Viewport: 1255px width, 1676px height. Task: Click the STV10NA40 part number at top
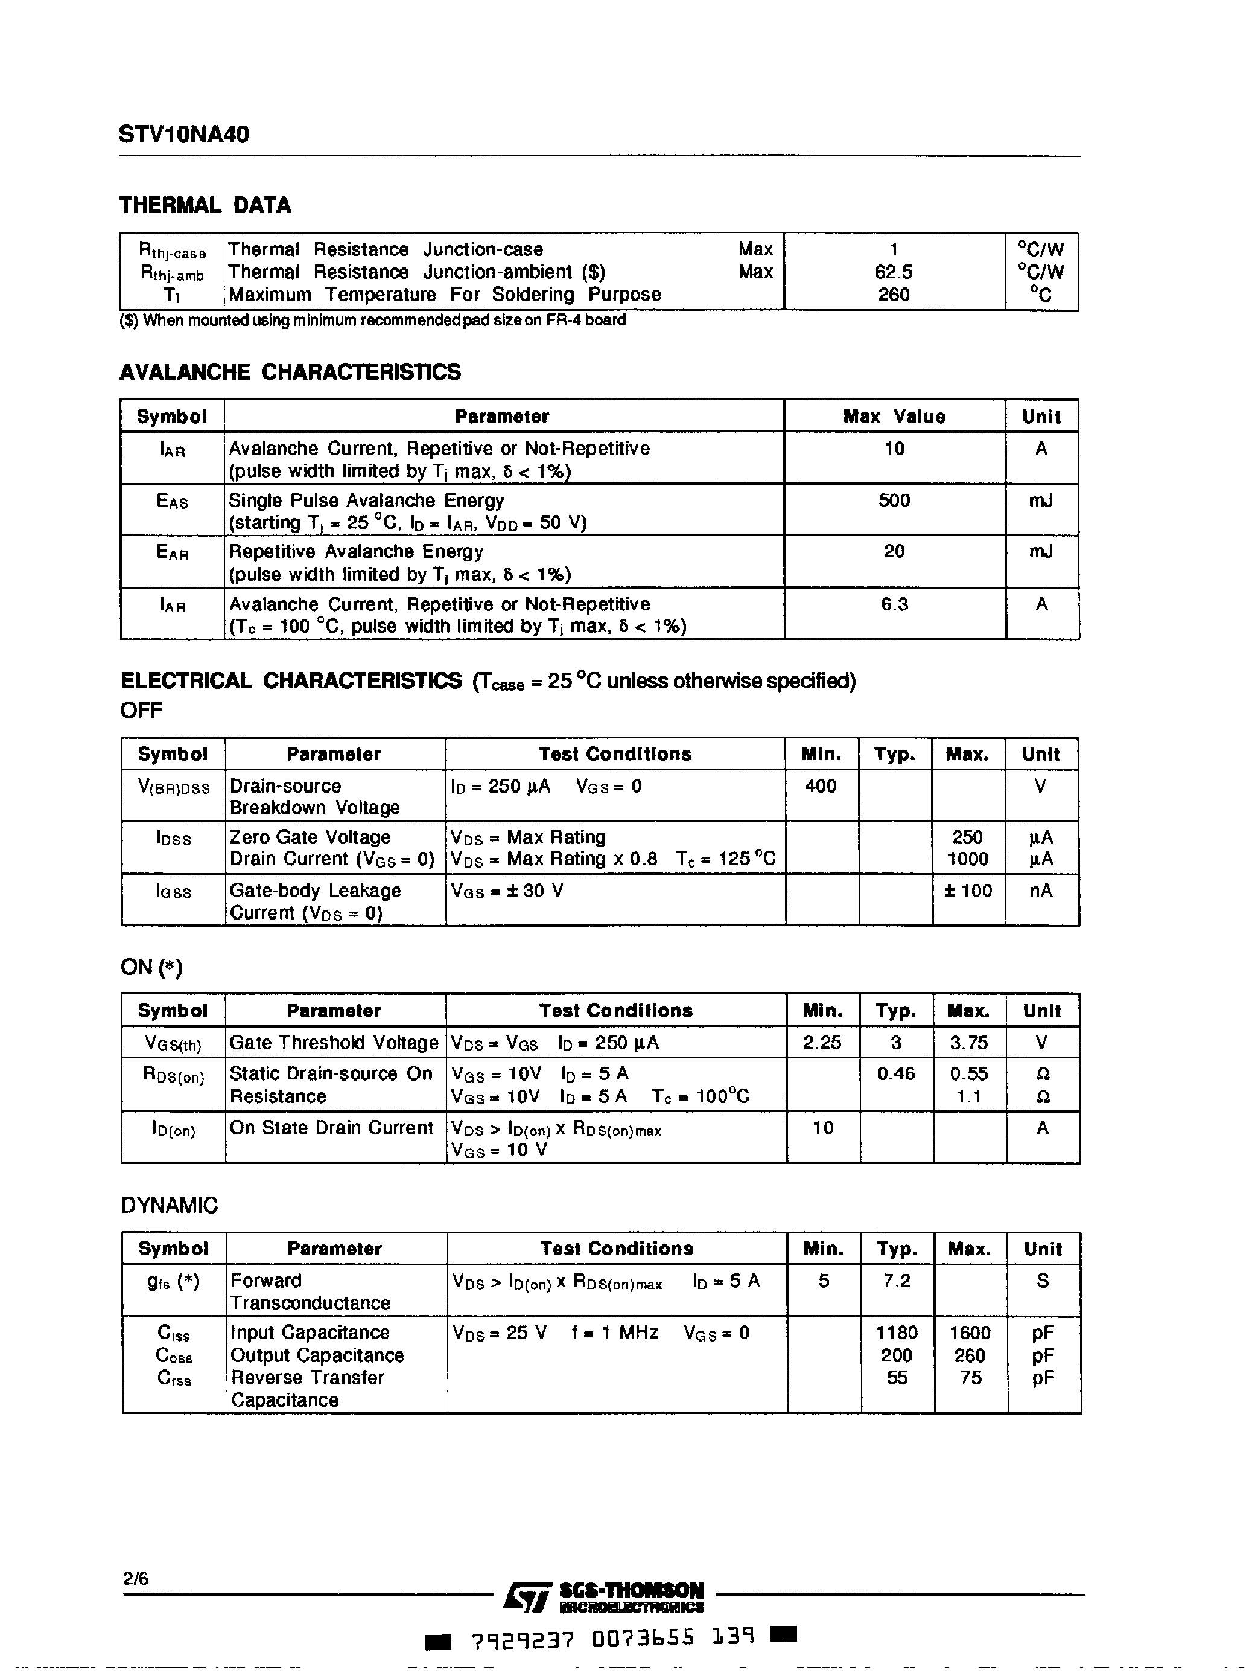(183, 135)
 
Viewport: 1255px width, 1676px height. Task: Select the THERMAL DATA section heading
(205, 205)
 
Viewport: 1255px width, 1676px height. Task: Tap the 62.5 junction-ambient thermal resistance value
(894, 272)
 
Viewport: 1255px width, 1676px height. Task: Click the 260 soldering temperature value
(894, 294)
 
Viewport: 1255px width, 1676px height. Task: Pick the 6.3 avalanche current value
(894, 604)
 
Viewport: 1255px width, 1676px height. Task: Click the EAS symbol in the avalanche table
(172, 502)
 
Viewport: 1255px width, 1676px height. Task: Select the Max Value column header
(894, 417)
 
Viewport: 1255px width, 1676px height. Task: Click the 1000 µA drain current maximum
(968, 859)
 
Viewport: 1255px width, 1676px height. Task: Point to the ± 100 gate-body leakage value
(968, 891)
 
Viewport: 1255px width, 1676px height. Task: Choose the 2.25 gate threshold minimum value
(822, 1043)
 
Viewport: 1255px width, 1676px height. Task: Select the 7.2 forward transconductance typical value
(897, 1281)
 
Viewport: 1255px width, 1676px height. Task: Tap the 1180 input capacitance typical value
(897, 1332)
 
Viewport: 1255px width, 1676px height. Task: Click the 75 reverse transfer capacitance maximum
(970, 1378)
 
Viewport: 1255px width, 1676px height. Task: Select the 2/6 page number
(136, 1578)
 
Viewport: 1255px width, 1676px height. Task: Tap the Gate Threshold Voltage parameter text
(333, 1043)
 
